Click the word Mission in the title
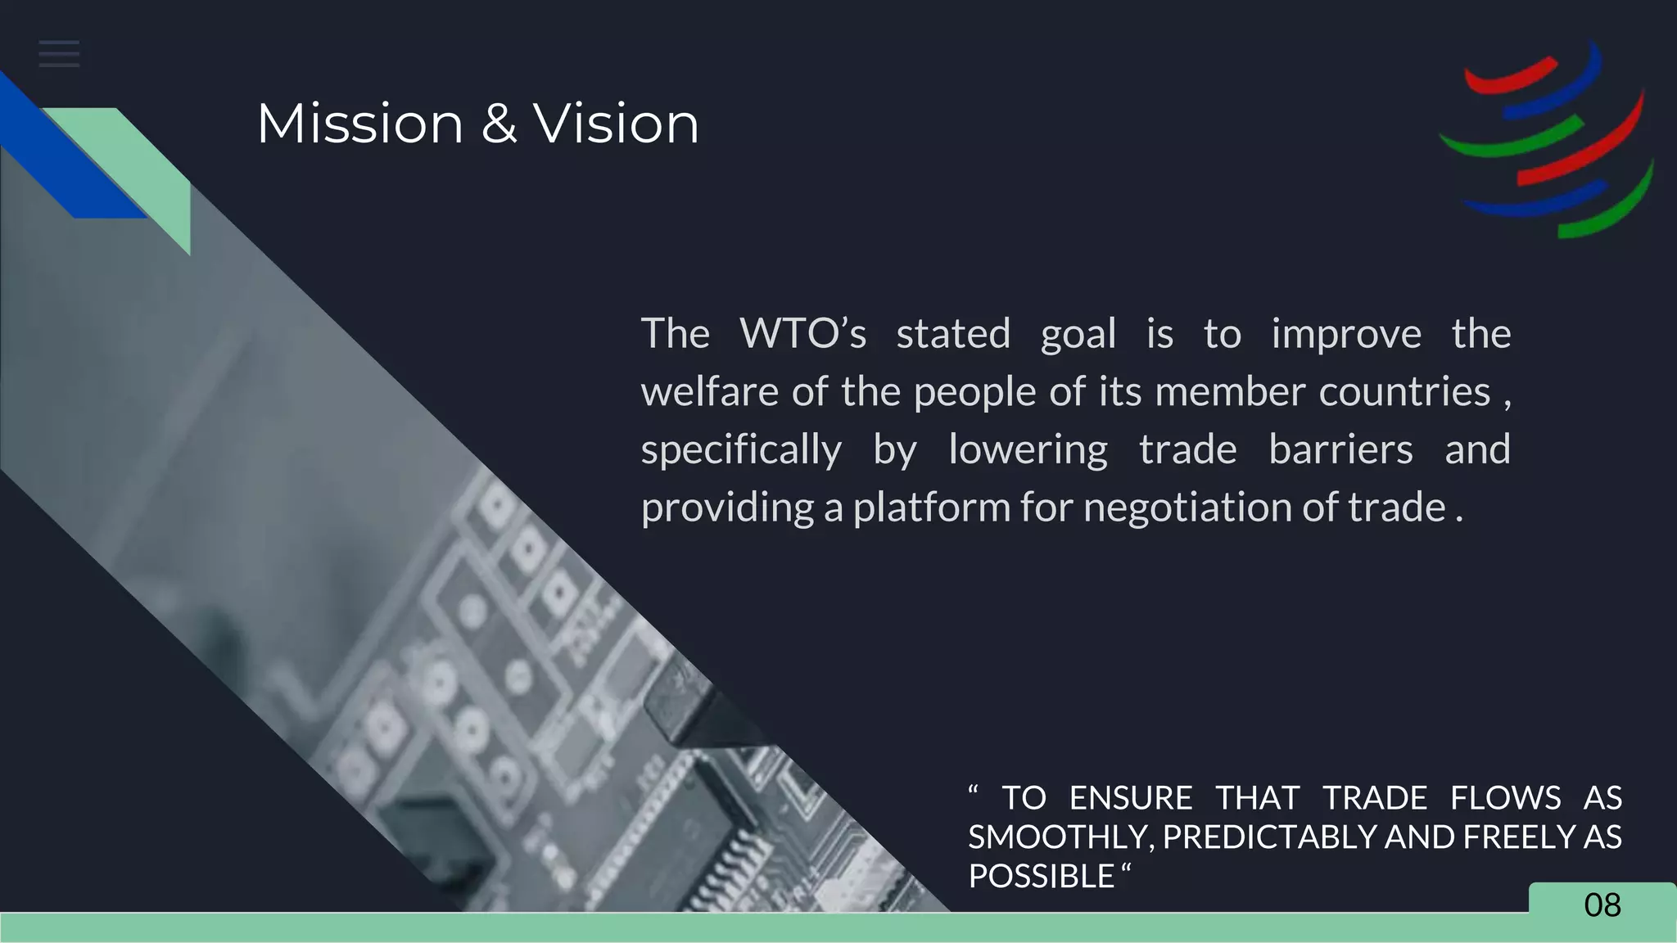point(360,124)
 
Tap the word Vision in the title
point(617,124)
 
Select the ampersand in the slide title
point(499,124)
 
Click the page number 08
point(1602,905)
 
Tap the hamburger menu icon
point(59,54)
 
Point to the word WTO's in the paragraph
point(802,334)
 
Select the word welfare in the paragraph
point(709,391)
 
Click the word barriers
point(1340,449)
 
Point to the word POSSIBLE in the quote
point(1041,877)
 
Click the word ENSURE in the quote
point(1130,798)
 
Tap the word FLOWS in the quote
point(1505,798)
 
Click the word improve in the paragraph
point(1346,334)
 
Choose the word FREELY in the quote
point(1508,837)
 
